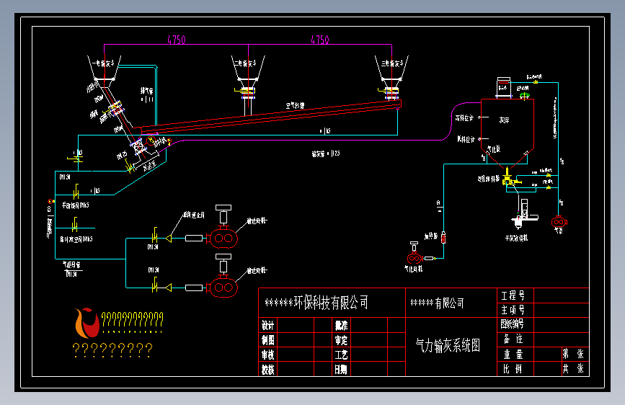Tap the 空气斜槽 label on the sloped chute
296,105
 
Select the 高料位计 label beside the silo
465,117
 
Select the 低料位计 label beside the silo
465,138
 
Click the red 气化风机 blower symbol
415,257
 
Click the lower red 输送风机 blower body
222,288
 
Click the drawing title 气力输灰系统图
448,346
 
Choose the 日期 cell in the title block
341,369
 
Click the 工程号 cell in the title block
513,295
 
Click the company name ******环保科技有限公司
316,303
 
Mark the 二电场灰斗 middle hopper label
247,64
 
